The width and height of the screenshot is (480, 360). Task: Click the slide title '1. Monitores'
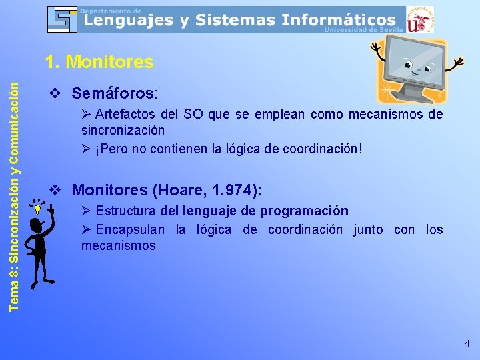pyautogui.click(x=99, y=63)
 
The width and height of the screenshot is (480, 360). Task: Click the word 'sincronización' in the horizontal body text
pyautogui.click(x=123, y=130)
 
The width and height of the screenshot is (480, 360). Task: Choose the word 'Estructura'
pyautogui.click(x=126, y=211)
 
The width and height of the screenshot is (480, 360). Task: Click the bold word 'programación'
pyautogui.click(x=309, y=211)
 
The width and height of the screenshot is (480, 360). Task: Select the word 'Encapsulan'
pyautogui.click(x=130, y=230)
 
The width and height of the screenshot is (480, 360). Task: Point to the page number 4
pyautogui.click(x=467, y=343)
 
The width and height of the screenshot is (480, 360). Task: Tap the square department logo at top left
pyautogui.click(x=62, y=19)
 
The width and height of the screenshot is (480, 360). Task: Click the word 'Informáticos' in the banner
pyautogui.click(x=339, y=21)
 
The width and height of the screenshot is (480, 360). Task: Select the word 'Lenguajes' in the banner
pyautogui.click(x=127, y=21)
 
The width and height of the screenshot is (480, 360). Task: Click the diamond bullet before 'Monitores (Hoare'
pyautogui.click(x=56, y=190)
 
